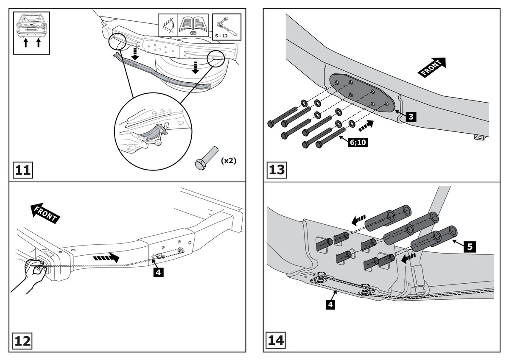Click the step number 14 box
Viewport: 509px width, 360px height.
point(277,340)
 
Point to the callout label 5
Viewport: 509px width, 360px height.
point(468,246)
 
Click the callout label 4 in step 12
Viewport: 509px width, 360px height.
point(157,272)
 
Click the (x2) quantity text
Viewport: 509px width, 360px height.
point(228,161)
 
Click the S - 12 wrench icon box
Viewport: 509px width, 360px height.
point(226,27)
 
